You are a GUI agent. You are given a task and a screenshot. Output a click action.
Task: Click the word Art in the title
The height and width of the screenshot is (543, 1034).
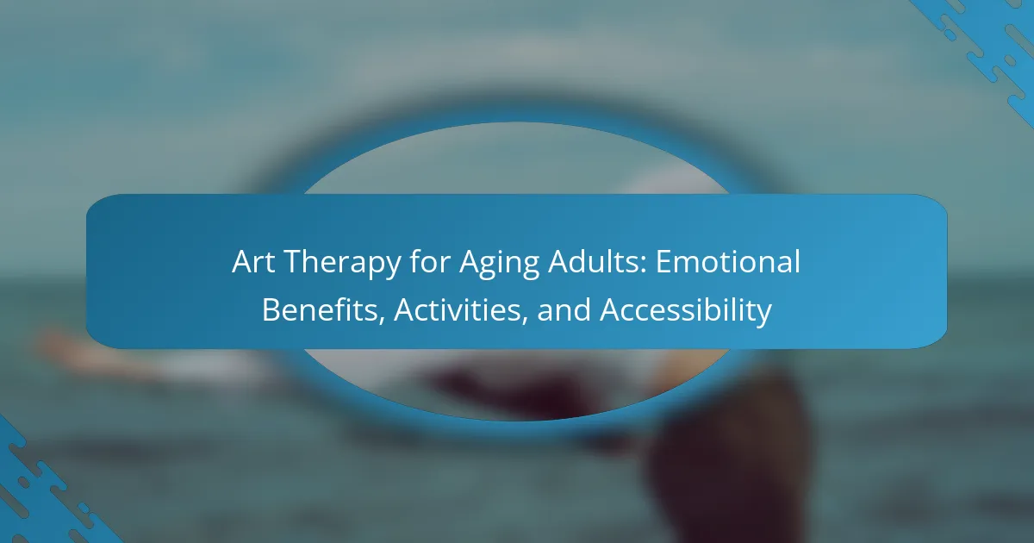pyautogui.click(x=253, y=262)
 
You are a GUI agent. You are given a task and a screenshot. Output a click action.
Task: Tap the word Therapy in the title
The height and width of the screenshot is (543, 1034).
pyautogui.click(x=343, y=264)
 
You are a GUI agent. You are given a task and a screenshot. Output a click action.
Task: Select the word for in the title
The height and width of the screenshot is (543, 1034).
pyautogui.click(x=430, y=261)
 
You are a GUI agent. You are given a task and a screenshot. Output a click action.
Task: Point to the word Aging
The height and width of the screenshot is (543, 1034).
pyautogui.click(x=499, y=264)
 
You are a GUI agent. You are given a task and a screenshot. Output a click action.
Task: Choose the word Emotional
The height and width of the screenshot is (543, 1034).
pyautogui.click(x=728, y=261)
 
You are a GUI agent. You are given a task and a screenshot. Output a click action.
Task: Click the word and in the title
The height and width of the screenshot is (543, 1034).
pyautogui.click(x=564, y=309)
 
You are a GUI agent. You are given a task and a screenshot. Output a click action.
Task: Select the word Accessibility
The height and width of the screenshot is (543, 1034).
pyautogui.click(x=686, y=312)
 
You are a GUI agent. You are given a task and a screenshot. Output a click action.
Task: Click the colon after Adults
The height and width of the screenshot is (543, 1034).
pyautogui.click(x=643, y=265)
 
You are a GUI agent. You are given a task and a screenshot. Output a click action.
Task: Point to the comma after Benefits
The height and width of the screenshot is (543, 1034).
pyautogui.click(x=383, y=321)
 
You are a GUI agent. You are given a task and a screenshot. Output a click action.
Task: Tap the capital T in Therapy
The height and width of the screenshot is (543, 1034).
pyautogui.click(x=295, y=262)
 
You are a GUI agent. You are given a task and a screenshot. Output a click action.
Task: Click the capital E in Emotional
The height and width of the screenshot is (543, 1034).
pyautogui.click(x=663, y=262)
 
